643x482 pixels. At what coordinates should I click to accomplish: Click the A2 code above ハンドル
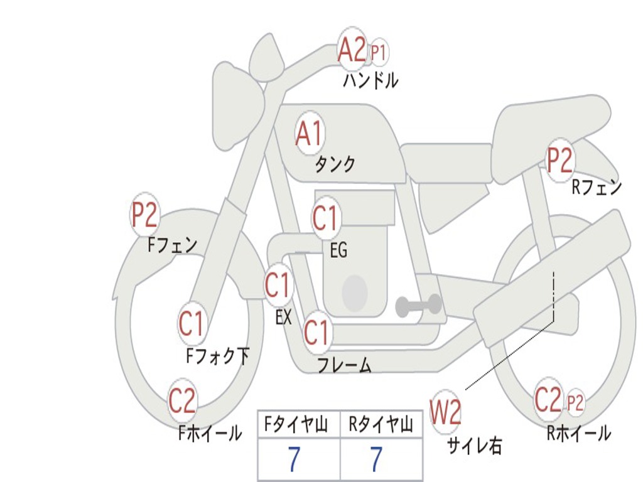tap(352, 50)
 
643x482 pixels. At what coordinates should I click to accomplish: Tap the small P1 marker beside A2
tap(378, 53)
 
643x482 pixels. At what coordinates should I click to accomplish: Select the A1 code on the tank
tap(309, 134)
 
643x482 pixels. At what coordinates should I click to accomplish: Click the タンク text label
tap(335, 164)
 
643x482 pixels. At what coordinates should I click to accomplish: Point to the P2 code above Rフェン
tap(559, 161)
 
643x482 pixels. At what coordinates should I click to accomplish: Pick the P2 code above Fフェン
tap(144, 215)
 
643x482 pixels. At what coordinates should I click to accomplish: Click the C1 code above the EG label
tap(325, 218)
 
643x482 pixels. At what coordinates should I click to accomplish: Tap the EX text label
tap(283, 318)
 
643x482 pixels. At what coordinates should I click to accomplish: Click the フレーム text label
tap(344, 365)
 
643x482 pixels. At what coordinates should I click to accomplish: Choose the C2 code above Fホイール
tap(182, 402)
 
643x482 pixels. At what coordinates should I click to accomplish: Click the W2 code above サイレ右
tap(445, 412)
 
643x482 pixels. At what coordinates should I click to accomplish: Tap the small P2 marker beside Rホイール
tap(575, 402)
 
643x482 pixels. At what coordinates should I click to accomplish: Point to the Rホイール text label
tap(578, 433)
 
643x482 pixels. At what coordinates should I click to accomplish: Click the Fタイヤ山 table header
tap(294, 426)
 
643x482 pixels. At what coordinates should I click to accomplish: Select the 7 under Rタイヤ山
tap(376, 459)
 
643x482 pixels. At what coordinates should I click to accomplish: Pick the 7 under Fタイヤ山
tap(294, 459)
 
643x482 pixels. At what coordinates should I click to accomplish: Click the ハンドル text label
tap(370, 80)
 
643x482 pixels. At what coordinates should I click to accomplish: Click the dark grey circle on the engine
tap(354, 292)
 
